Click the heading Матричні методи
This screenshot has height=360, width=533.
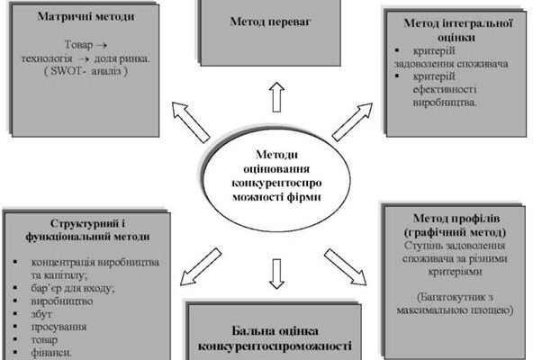pyautogui.click(x=80, y=17)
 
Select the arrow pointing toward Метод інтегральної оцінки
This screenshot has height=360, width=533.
pyautogui.click(x=351, y=121)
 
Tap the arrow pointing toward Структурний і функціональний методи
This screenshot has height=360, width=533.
pyautogui.click(x=200, y=264)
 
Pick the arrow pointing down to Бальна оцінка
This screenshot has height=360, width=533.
pyautogui.click(x=276, y=273)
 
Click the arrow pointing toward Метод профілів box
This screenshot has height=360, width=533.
pyautogui.click(x=345, y=265)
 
